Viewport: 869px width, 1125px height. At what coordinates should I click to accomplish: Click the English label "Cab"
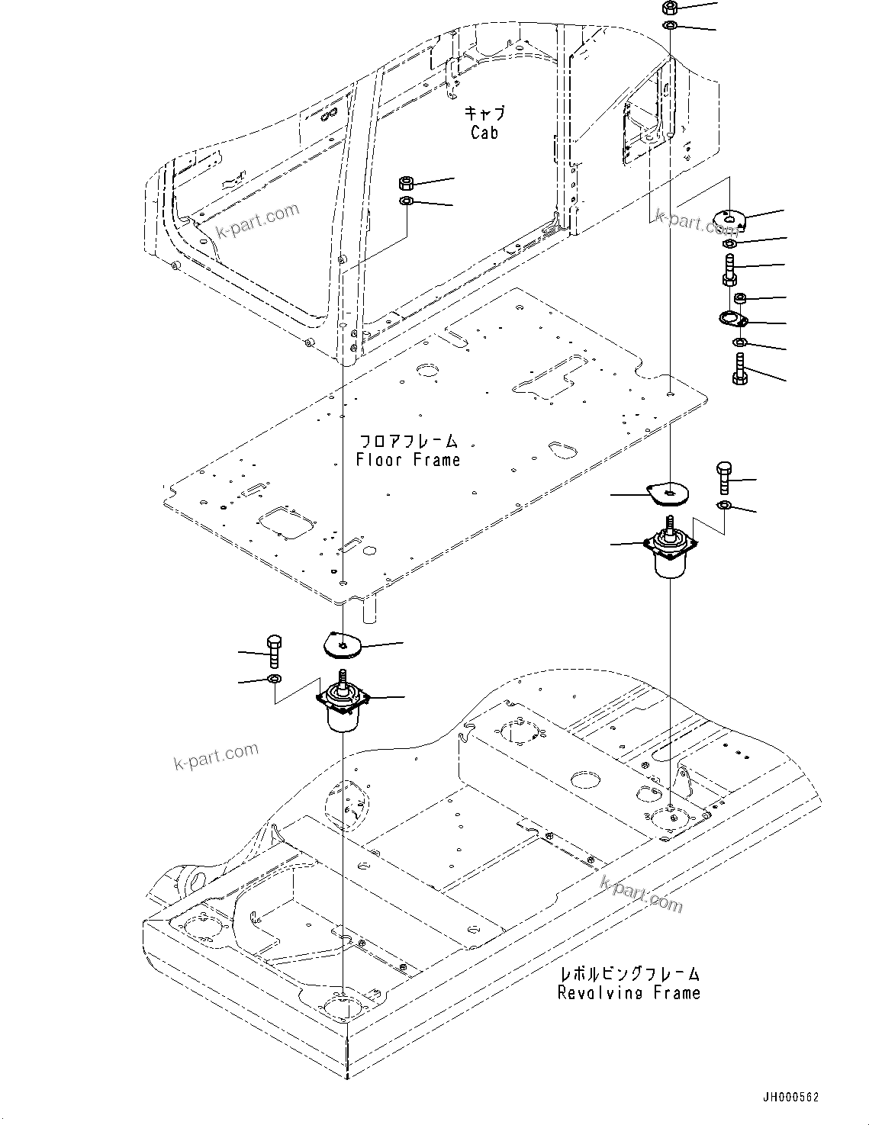(484, 133)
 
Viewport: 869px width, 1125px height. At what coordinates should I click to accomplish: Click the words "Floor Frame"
(408, 460)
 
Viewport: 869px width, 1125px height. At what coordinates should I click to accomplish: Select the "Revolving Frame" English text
(629, 993)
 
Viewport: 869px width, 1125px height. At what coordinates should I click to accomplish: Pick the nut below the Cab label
(407, 183)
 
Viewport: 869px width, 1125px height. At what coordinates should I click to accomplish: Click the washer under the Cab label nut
(407, 201)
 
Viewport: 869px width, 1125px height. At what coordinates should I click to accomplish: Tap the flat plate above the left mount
(342, 645)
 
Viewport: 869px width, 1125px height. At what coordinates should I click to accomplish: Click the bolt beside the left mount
(275, 651)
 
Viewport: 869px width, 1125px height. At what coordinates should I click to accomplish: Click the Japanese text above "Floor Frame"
(408, 442)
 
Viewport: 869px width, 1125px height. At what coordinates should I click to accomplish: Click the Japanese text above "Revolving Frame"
(629, 974)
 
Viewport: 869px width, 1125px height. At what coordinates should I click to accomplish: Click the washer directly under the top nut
(669, 27)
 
